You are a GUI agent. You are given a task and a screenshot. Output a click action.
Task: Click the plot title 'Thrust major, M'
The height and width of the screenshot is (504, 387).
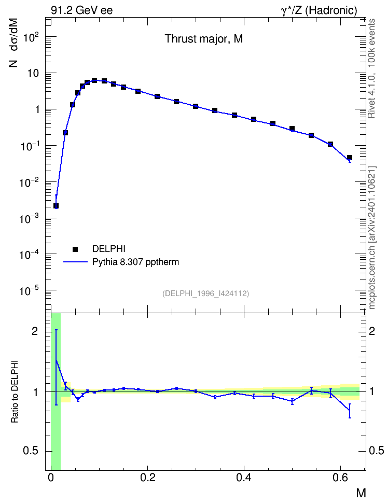click(204, 39)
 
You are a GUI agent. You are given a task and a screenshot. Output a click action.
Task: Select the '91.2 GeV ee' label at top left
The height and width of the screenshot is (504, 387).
click(82, 10)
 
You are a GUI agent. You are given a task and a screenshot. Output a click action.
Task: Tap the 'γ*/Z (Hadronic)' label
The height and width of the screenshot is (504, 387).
click(319, 10)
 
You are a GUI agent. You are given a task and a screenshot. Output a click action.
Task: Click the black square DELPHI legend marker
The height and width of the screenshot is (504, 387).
click(75, 249)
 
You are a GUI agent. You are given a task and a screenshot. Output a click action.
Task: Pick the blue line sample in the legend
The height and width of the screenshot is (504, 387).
click(75, 262)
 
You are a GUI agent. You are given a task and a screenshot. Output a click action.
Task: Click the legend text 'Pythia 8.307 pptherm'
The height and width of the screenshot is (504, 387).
click(135, 262)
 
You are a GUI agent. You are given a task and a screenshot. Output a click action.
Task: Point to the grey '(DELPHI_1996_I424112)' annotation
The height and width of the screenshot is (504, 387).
click(205, 293)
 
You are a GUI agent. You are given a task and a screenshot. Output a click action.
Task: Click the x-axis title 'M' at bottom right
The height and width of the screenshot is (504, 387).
click(361, 493)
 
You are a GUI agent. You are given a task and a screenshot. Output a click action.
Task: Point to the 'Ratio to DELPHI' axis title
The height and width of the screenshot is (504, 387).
click(15, 392)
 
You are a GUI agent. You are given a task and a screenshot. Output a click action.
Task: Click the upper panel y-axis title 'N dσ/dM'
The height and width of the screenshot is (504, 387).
click(13, 43)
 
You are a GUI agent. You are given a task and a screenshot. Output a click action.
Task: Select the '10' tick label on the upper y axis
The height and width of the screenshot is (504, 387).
click(33, 74)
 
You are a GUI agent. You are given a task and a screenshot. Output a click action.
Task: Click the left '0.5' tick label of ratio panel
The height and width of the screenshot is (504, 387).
click(31, 451)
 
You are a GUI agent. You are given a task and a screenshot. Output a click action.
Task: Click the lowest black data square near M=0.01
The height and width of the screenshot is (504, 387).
click(56, 206)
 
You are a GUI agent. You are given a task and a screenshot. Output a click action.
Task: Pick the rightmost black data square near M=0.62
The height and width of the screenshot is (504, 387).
click(350, 158)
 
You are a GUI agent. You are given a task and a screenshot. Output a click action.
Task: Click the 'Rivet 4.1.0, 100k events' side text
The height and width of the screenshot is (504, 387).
click(371, 68)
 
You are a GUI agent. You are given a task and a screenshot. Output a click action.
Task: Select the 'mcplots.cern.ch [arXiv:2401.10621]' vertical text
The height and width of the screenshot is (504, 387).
click(371, 237)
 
